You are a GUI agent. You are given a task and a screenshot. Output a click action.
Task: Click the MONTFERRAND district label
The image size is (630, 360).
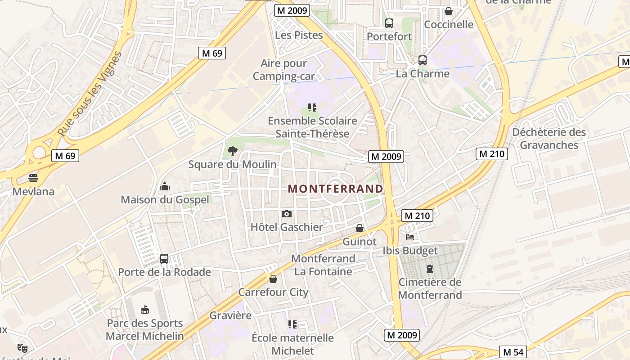335,189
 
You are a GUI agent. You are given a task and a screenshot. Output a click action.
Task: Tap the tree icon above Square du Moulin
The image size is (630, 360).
232,151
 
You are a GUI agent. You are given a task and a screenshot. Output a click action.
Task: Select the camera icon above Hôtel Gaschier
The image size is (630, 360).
287,214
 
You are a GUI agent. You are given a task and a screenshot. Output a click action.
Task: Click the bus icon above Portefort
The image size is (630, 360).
389,23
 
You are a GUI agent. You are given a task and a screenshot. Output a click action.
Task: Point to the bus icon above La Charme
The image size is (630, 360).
423,60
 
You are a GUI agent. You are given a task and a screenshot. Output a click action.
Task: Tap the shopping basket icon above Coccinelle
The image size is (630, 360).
449,11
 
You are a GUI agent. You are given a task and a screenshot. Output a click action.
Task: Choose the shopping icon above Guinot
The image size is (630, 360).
360,228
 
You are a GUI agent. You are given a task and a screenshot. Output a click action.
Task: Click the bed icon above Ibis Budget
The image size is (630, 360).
410,237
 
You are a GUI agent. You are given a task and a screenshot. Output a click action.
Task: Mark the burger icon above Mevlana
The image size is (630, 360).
33,178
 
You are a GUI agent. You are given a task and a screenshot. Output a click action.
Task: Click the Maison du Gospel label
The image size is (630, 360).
165,199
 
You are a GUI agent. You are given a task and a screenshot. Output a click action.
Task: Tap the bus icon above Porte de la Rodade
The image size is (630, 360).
164,259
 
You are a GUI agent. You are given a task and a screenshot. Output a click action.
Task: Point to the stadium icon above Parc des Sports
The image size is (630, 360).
145,310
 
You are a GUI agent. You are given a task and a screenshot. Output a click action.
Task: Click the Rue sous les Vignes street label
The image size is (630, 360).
90,94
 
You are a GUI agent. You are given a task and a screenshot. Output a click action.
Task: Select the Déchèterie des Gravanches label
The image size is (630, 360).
549,139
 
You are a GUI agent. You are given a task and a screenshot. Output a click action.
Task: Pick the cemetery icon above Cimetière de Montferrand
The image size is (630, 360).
430,269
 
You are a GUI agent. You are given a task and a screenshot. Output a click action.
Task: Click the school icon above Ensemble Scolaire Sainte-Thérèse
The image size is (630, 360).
312,108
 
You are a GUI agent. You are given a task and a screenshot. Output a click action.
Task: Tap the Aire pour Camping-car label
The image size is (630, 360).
283,70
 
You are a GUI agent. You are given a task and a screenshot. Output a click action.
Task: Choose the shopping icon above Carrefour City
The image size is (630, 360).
273,279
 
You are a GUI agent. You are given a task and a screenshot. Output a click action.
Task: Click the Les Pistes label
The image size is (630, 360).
299,35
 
